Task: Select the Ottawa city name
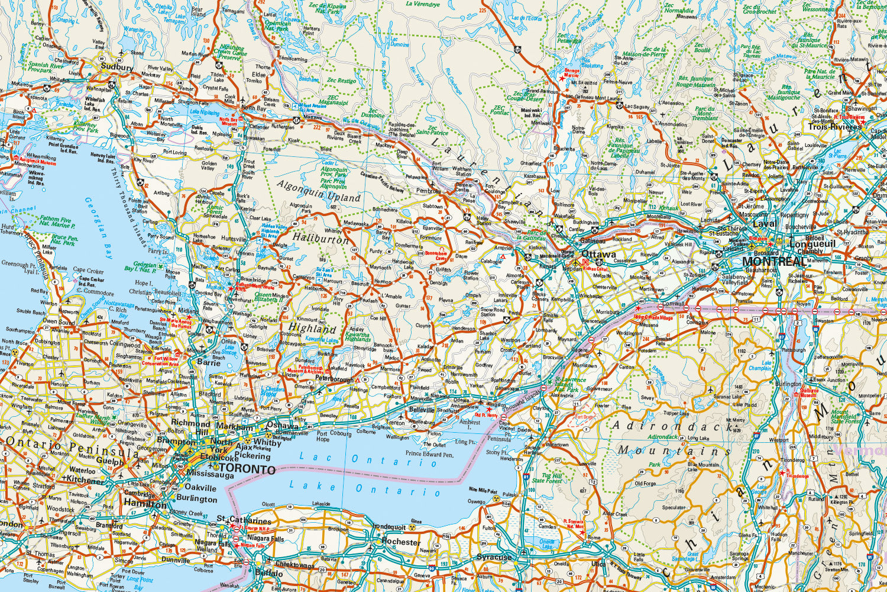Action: point(599,255)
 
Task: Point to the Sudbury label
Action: point(116,67)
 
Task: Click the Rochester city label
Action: point(401,542)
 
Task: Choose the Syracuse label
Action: point(494,557)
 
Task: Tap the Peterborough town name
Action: point(334,378)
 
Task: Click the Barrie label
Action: point(209,362)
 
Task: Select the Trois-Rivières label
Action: point(835,127)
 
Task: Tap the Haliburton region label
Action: point(321,239)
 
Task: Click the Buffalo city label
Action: point(270,573)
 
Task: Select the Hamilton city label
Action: point(145,504)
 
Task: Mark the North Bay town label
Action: point(254,108)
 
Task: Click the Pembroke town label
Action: point(429,191)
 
